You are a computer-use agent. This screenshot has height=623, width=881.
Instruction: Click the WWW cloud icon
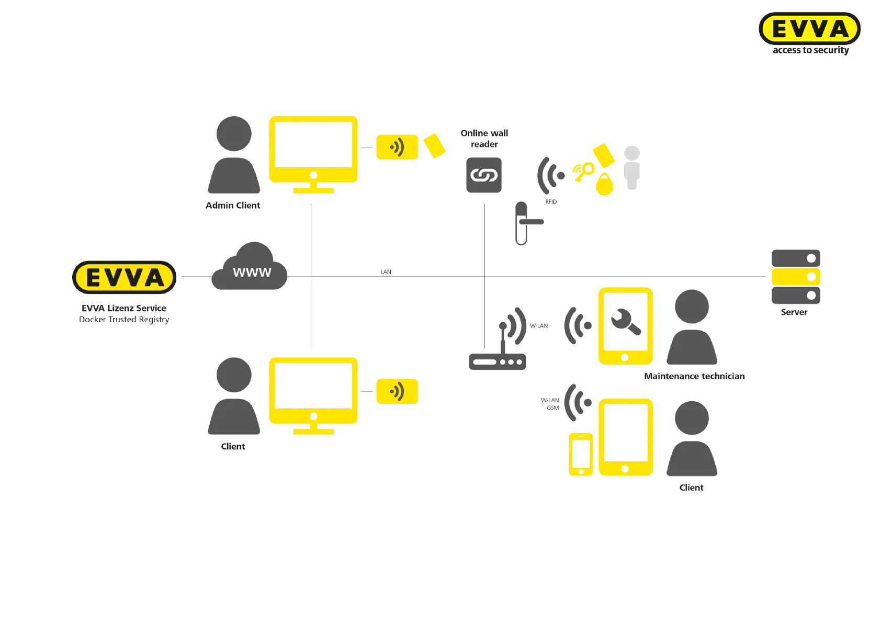(x=250, y=268)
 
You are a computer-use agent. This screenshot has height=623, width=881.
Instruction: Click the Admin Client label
(x=233, y=206)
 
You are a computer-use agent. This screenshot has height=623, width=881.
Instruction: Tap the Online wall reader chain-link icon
(x=484, y=175)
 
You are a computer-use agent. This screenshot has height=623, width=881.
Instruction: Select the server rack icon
(x=796, y=277)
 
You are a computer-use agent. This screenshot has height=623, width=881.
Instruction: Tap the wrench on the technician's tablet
(x=625, y=322)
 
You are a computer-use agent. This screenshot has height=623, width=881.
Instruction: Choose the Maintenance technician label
(x=694, y=376)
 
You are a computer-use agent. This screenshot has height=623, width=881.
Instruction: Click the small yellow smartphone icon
(x=581, y=454)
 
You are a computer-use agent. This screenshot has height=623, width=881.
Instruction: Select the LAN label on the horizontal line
(x=386, y=272)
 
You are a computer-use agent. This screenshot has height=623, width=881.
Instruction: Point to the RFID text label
(x=551, y=202)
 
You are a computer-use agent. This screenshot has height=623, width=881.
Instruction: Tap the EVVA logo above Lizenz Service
(x=125, y=277)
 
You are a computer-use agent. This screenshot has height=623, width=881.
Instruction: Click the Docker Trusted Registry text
(x=124, y=320)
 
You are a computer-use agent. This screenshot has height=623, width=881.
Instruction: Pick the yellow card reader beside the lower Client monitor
(x=397, y=391)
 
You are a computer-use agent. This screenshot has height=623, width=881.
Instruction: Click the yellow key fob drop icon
(x=604, y=185)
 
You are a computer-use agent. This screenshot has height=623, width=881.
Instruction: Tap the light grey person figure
(x=632, y=167)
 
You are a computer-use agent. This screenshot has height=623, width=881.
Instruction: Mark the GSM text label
(x=552, y=408)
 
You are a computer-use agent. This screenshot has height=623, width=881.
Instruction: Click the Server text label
(x=794, y=312)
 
